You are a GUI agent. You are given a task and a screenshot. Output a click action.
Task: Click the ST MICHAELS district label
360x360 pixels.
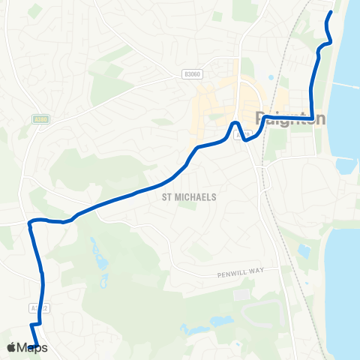coord(189,197)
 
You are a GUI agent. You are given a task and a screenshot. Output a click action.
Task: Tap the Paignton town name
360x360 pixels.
coord(291,118)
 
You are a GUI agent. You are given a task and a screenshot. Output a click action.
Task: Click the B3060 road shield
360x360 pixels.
coord(191,73)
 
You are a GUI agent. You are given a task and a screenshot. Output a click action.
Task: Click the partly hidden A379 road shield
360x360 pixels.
coord(241,135)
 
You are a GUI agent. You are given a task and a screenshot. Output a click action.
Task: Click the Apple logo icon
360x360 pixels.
coord(11,347)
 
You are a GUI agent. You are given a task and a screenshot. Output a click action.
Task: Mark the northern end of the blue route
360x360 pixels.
coord(331,12)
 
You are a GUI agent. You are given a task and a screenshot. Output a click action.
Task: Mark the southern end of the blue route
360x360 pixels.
coord(36,345)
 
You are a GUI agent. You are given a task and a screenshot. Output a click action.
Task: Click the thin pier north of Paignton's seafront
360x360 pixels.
coord(345,85)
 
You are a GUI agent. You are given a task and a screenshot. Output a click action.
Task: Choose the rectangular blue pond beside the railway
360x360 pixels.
coord(304,250)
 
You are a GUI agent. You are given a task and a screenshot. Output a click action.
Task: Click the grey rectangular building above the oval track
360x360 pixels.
coord(241,295)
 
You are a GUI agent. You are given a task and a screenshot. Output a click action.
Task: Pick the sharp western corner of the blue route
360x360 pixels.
coord(30,222)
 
